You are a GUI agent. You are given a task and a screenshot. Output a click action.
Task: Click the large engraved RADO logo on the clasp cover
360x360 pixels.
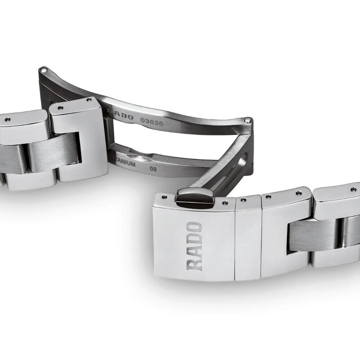(x=194, y=246)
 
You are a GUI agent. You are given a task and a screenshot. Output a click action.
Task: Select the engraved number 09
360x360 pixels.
(x=153, y=168)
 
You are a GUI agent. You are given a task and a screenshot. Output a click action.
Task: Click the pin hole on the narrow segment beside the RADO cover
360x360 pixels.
(x=243, y=199)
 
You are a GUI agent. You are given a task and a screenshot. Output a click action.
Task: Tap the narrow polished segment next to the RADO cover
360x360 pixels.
(x=248, y=238)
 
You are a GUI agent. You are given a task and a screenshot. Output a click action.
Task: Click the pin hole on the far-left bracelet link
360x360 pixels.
(x=8, y=119)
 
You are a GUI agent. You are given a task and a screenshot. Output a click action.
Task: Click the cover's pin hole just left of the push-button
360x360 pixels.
(x=164, y=197)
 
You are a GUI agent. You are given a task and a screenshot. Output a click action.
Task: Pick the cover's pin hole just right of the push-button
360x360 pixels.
(x=224, y=203)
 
